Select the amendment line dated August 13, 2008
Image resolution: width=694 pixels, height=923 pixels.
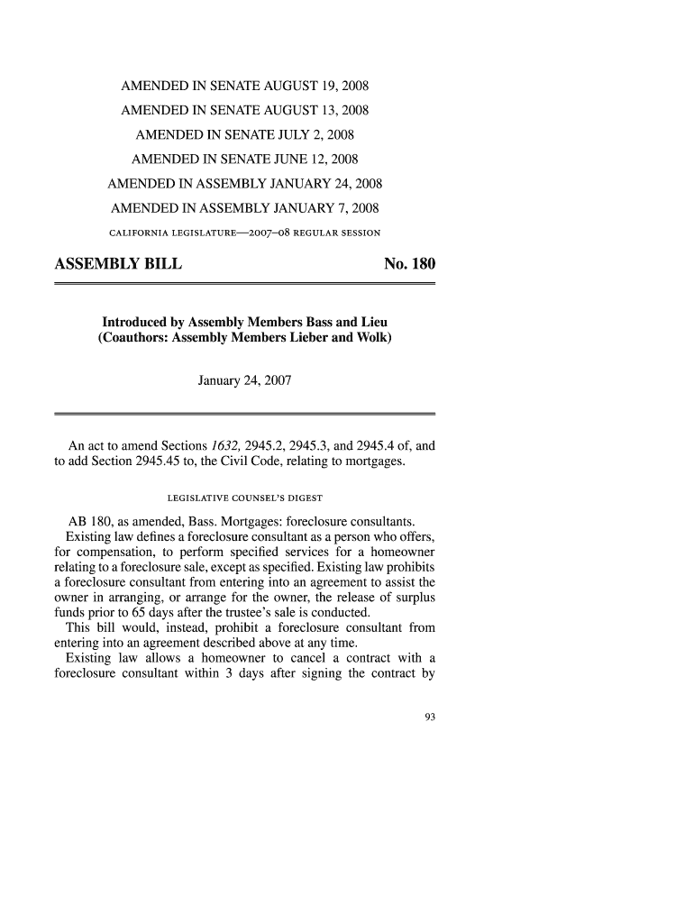point(246,112)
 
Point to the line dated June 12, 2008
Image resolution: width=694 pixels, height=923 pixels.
point(245,160)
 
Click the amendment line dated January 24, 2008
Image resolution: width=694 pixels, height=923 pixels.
point(245,185)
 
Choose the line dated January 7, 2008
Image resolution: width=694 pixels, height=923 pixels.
point(245,209)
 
